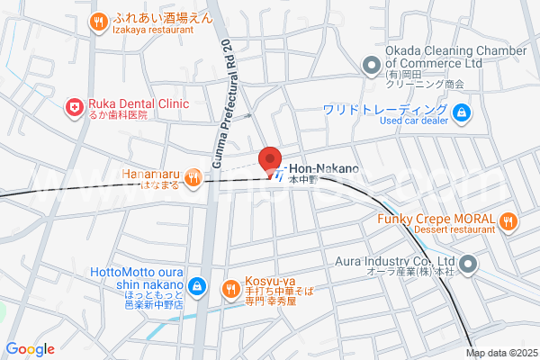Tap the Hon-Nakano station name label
coord(323,168)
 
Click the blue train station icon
coord(281,170)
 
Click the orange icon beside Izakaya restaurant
coord(97,22)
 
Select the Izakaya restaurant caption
coord(154,30)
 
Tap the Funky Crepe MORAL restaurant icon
coord(508,220)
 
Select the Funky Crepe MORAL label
coord(434,220)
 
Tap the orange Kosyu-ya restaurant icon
coord(231,288)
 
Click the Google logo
coord(30,349)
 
